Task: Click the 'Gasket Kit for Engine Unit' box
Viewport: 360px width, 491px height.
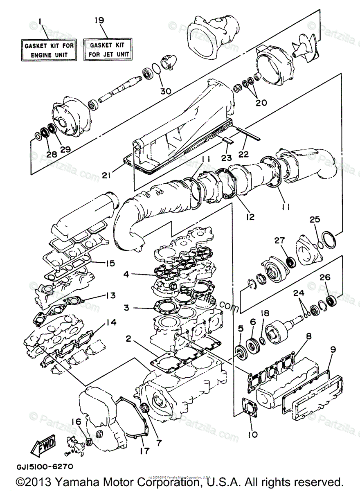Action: click(x=49, y=50)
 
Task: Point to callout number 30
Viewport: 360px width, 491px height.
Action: click(x=165, y=91)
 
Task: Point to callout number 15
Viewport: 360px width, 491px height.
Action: click(x=109, y=263)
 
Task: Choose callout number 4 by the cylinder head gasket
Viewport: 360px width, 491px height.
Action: click(x=127, y=274)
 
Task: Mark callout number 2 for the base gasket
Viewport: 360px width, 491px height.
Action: click(x=128, y=338)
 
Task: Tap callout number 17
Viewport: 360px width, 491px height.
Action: click(x=144, y=451)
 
